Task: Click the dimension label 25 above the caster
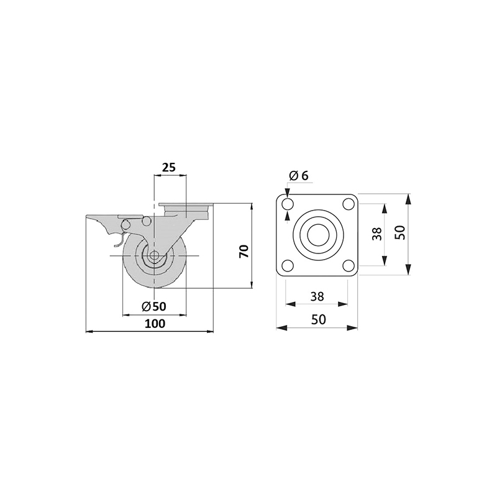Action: pos(168,167)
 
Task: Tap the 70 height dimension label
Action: pos(244,251)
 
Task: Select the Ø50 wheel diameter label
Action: pos(154,306)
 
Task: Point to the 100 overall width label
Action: pos(155,324)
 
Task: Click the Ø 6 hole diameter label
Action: pos(299,175)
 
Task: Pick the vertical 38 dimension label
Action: pos(377,234)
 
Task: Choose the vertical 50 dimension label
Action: pos(400,232)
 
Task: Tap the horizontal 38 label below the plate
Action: pos(317,296)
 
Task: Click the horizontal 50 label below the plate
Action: pos(318,319)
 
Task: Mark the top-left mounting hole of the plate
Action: pos(288,204)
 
